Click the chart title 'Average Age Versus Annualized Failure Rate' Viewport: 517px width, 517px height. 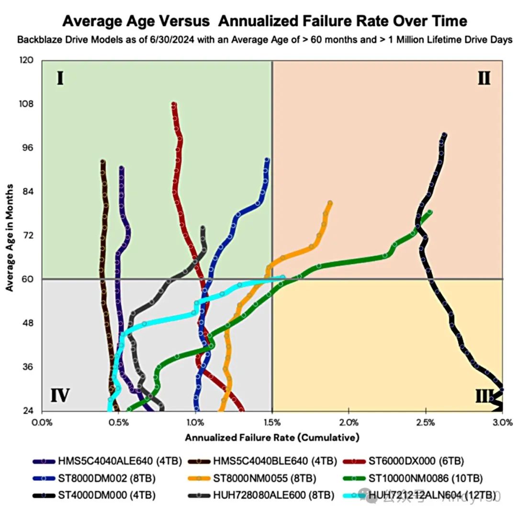265,21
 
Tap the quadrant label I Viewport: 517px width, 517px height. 60,78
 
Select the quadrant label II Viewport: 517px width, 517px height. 484,78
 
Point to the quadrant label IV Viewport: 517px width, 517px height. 60,396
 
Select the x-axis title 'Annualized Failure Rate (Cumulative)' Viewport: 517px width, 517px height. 272,437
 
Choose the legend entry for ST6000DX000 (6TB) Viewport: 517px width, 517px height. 412,461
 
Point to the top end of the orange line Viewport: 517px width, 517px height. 330,203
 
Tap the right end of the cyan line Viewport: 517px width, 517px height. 283,277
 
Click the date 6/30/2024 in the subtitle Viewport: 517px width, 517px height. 156,40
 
